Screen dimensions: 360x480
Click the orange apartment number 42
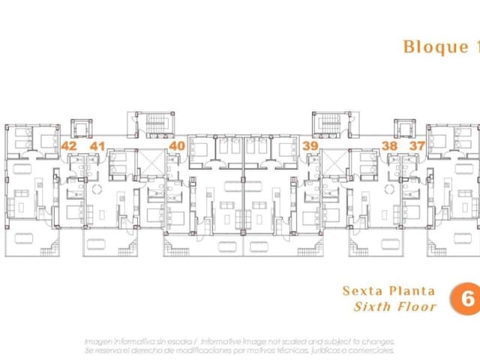(x=69, y=145)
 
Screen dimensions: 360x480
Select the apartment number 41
(x=97, y=145)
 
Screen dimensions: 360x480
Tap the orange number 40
(x=177, y=145)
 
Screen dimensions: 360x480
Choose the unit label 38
(x=390, y=145)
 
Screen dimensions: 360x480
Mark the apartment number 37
(x=418, y=145)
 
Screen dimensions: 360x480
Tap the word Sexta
(x=361, y=290)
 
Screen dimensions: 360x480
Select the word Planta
(x=411, y=290)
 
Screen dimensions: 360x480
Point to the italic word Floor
(x=415, y=307)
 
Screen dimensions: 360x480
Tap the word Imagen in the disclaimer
(x=100, y=340)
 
